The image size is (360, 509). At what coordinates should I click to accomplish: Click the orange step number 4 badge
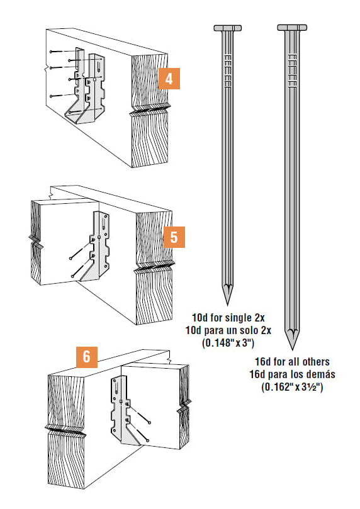coord(169,79)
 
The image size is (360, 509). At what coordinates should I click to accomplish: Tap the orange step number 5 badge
coord(174,237)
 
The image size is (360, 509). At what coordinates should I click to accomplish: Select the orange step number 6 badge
coord(87,357)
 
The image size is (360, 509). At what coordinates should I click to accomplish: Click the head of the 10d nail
coord(228,28)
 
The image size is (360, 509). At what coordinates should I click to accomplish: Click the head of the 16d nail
coord(292,27)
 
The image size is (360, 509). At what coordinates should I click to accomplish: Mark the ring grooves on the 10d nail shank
coord(228,70)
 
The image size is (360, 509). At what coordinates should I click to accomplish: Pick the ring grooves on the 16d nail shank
coord(293,70)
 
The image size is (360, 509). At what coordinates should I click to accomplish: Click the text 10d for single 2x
coord(228,317)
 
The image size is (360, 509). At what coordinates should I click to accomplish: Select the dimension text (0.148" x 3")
coord(228,343)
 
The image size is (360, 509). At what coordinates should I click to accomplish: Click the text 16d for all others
coord(292,361)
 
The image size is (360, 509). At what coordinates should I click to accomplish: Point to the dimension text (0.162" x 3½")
coord(292,387)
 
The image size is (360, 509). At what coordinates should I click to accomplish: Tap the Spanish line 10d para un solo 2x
coord(228,330)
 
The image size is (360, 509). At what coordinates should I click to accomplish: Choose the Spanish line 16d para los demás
coord(292,374)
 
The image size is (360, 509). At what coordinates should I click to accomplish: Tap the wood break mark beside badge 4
coord(150,110)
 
